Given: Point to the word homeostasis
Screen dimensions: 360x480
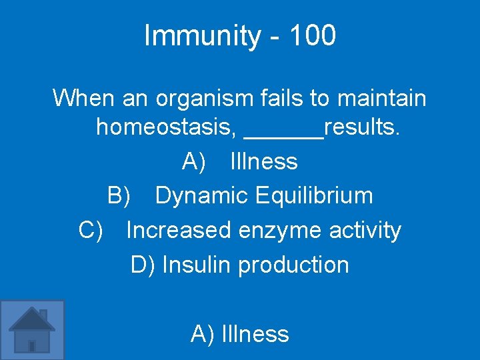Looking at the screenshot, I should [166, 127].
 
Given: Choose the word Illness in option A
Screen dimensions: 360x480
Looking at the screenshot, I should [264, 161].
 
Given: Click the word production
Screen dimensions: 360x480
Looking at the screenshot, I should [293, 265].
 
